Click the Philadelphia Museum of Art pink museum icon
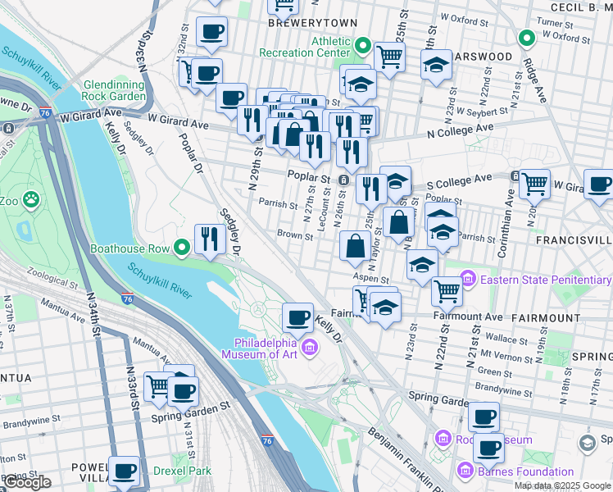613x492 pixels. click(x=310, y=349)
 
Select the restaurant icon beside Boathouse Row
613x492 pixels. click(x=210, y=239)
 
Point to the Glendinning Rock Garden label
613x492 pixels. click(x=114, y=90)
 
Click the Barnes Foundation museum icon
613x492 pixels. click(x=465, y=471)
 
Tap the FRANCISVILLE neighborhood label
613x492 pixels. click(x=574, y=239)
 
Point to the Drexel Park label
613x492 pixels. click(x=182, y=471)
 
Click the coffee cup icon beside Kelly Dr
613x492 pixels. click(x=297, y=317)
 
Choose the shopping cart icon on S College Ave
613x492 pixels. click(x=534, y=184)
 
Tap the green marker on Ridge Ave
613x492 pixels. click(x=527, y=38)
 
